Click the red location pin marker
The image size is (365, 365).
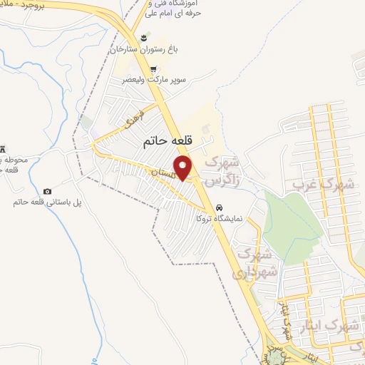(183, 168)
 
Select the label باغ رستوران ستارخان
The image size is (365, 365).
(141, 51)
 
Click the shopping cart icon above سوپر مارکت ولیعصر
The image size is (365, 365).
(153, 69)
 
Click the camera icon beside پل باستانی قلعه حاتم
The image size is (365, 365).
(47, 191)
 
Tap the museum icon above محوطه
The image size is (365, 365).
(2, 148)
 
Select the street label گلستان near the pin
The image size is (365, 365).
(162, 173)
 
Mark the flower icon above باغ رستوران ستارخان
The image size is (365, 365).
(145, 37)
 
